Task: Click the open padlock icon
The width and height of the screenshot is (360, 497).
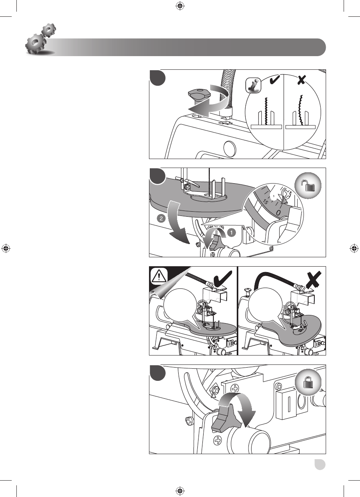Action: pos(308,185)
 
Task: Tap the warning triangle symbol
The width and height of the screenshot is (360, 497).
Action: pos(159,276)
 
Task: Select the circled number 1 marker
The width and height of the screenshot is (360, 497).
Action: pos(232,233)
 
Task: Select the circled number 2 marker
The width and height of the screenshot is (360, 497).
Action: pos(161,219)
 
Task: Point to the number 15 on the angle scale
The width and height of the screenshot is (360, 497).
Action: pos(266,202)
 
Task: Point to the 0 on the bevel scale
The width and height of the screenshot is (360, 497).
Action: pos(278,213)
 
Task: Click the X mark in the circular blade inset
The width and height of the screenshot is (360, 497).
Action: pos(301,80)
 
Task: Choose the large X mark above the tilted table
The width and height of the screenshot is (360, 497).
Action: pos(313,279)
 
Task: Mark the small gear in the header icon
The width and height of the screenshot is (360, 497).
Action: pos(49,30)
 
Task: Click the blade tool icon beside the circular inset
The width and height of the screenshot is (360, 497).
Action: pos(254,85)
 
